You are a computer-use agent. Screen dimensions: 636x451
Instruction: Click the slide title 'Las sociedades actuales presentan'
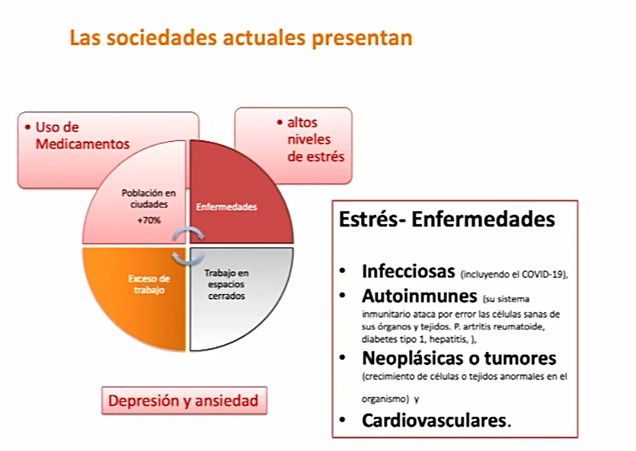[x=241, y=38]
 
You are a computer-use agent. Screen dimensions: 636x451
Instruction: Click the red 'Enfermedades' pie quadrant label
[x=227, y=207]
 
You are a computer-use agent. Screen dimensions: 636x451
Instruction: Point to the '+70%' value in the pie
[x=149, y=221]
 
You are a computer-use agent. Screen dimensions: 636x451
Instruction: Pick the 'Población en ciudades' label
[x=149, y=198]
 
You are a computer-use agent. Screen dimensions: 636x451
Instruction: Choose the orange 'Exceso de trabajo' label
[x=149, y=284]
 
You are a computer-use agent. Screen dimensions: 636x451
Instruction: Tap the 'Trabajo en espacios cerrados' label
[x=226, y=284]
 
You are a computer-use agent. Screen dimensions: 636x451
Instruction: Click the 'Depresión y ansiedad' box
[x=184, y=401]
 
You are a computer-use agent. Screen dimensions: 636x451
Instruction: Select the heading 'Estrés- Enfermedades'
[x=446, y=219]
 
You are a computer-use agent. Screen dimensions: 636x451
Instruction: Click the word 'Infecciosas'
[x=408, y=271]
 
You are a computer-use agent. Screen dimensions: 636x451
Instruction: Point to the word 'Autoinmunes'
[x=420, y=296]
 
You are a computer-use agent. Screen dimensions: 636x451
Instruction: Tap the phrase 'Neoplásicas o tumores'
[x=459, y=358]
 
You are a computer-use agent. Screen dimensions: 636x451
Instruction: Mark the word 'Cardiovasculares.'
[x=436, y=421]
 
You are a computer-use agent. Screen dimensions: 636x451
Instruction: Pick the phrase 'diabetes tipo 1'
[x=394, y=339]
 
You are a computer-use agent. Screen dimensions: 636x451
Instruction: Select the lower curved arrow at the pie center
[x=189, y=258]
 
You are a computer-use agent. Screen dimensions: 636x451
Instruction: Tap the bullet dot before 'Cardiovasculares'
[x=343, y=421]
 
